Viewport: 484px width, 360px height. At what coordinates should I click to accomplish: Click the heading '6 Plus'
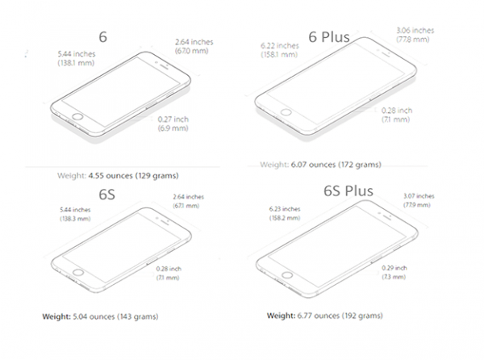click(329, 37)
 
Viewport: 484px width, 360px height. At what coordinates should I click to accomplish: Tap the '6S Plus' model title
click(348, 190)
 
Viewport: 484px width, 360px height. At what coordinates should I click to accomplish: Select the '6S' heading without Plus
click(106, 195)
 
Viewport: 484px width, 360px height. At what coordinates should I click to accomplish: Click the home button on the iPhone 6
click(77, 117)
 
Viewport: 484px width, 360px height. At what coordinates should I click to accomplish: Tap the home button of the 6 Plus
click(286, 111)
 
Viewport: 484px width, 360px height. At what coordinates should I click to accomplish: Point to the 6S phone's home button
click(77, 272)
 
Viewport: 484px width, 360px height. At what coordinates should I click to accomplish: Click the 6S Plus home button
click(287, 274)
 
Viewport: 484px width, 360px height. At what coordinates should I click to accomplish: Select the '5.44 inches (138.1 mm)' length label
click(77, 58)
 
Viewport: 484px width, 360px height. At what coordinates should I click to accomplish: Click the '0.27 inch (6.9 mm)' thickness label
click(173, 123)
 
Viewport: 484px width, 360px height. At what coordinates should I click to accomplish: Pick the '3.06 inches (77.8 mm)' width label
click(415, 35)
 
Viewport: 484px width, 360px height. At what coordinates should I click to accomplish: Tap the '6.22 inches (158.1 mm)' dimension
click(280, 50)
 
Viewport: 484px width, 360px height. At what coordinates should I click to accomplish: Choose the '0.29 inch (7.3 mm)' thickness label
click(394, 272)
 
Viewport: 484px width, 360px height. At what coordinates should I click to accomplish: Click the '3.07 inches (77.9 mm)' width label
click(419, 200)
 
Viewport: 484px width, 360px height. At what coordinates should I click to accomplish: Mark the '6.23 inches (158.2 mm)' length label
click(285, 213)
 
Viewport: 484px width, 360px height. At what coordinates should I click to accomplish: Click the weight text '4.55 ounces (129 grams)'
click(134, 176)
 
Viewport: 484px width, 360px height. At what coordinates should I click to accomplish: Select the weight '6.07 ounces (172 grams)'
click(336, 165)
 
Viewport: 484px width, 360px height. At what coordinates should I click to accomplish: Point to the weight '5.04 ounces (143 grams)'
click(115, 316)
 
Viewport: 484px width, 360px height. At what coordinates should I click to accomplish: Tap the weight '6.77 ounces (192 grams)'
click(340, 316)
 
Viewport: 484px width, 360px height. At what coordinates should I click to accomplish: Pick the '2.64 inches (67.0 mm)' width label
click(194, 46)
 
